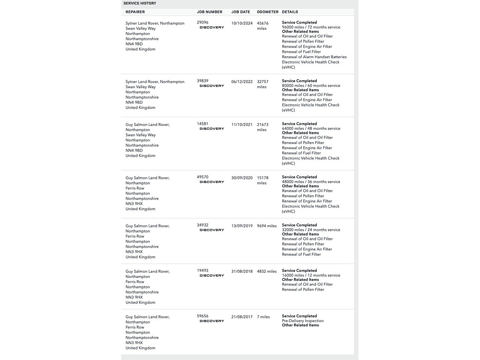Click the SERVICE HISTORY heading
[140, 3]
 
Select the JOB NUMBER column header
[210, 12]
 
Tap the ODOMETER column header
[268, 12]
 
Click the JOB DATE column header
[241, 12]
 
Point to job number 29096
[202, 22]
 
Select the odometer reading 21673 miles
[262, 127]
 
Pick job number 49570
[202, 177]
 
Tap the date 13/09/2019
[242, 226]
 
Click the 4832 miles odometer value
[267, 271]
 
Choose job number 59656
[202, 316]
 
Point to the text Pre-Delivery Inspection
[303, 321]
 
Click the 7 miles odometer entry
[263, 317]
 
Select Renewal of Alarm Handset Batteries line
[314, 57]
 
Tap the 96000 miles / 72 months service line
[311, 27]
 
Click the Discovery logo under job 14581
[212, 129]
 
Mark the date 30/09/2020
[242, 178]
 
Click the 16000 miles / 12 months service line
[311, 275]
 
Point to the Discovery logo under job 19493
[212, 276]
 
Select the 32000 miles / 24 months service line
[311, 230]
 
